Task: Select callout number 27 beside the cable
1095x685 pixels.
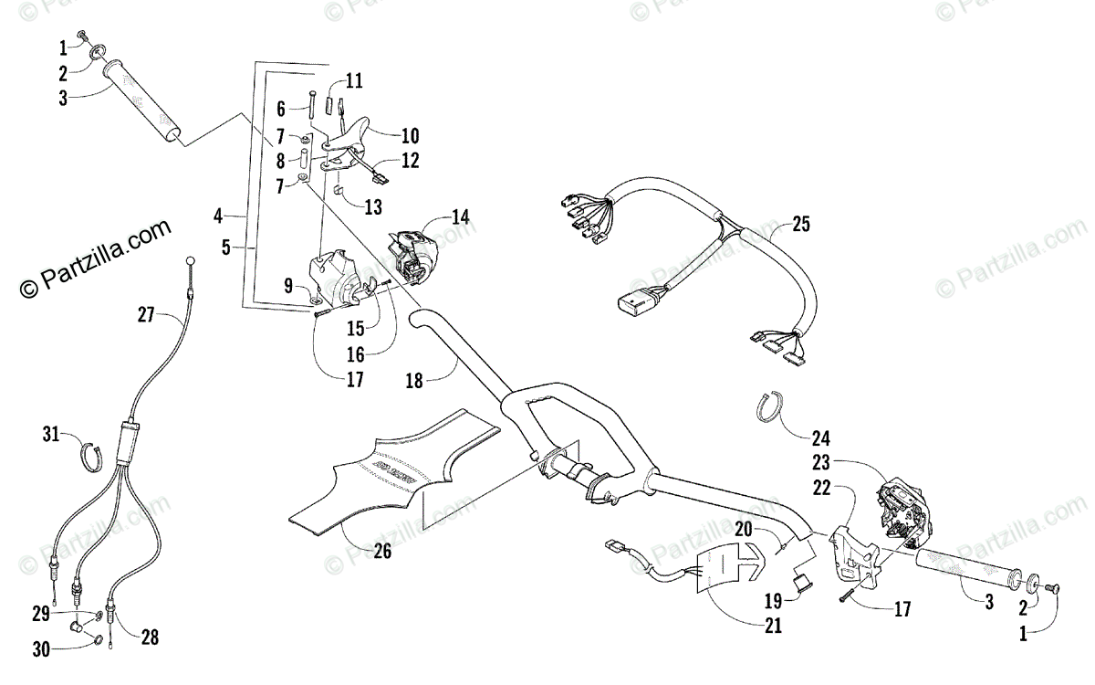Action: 147,313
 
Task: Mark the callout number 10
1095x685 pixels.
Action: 410,136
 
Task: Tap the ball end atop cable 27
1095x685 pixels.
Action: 191,262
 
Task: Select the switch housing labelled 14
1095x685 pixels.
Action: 413,256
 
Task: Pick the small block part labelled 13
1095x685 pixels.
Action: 337,191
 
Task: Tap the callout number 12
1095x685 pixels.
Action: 410,160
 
